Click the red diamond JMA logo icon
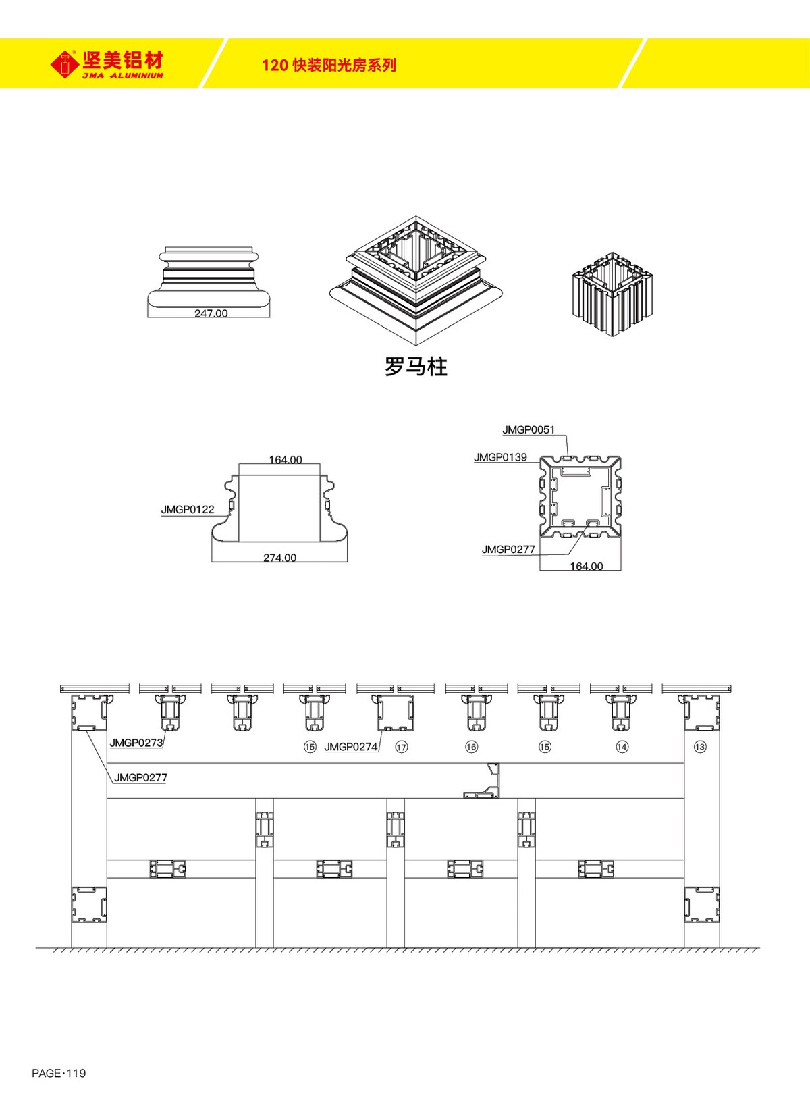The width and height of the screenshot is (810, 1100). point(65,64)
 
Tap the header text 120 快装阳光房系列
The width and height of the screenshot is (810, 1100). point(329,66)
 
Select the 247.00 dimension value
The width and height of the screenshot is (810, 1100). point(211,313)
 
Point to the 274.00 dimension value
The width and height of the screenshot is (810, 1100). point(280,558)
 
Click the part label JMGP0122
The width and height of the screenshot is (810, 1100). point(188,510)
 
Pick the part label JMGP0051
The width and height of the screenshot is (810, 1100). point(529,429)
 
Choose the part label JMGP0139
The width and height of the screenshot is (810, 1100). point(500,457)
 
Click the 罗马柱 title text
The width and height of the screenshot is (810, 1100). point(416,367)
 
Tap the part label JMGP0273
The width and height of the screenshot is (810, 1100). point(136,743)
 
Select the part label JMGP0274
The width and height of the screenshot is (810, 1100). point(351,747)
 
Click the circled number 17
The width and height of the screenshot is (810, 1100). point(402,747)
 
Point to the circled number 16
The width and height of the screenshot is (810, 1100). point(471,747)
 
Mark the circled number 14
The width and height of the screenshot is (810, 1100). point(622,747)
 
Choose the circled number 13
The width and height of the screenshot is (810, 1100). point(700,747)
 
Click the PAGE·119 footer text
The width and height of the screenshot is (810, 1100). point(59,1073)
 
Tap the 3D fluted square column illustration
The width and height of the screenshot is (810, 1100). point(614,295)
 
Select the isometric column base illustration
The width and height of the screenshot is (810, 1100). point(416,280)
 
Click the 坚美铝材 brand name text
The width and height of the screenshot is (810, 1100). point(123,60)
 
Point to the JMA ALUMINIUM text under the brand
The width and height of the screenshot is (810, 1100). point(123,76)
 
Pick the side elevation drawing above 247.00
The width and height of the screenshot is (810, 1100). point(209,276)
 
